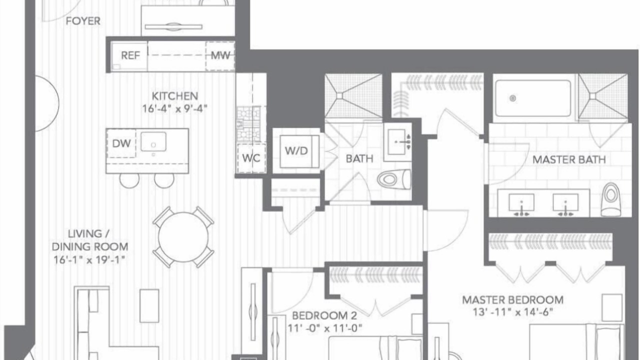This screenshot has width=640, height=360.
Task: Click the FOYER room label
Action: tap(83, 21)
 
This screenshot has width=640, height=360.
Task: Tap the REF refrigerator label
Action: tap(130, 55)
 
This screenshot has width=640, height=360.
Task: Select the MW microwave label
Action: tap(220, 55)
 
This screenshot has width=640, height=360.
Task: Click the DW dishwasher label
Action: tap(121, 143)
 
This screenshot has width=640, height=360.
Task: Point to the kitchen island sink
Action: tap(153, 141)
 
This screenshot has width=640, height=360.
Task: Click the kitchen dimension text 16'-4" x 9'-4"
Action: tap(174, 108)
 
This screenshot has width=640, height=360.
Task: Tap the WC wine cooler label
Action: tap(251, 158)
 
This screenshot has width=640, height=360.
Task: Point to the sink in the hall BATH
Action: tap(397, 141)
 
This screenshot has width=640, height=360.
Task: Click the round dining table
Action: tap(183, 237)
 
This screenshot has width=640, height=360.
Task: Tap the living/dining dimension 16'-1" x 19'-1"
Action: tap(89, 259)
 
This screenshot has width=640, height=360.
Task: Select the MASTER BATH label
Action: tap(569, 159)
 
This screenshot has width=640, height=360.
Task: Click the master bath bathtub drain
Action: tap(513, 98)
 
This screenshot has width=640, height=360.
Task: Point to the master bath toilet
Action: tap(611, 199)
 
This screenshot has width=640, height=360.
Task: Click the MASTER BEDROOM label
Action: tap(513, 300)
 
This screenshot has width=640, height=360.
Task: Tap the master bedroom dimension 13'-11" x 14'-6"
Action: tap(513, 312)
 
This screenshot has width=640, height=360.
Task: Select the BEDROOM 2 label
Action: tap(324, 315)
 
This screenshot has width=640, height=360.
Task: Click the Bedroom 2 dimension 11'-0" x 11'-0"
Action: tap(324, 328)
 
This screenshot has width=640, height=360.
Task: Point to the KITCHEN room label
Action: tap(174, 96)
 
